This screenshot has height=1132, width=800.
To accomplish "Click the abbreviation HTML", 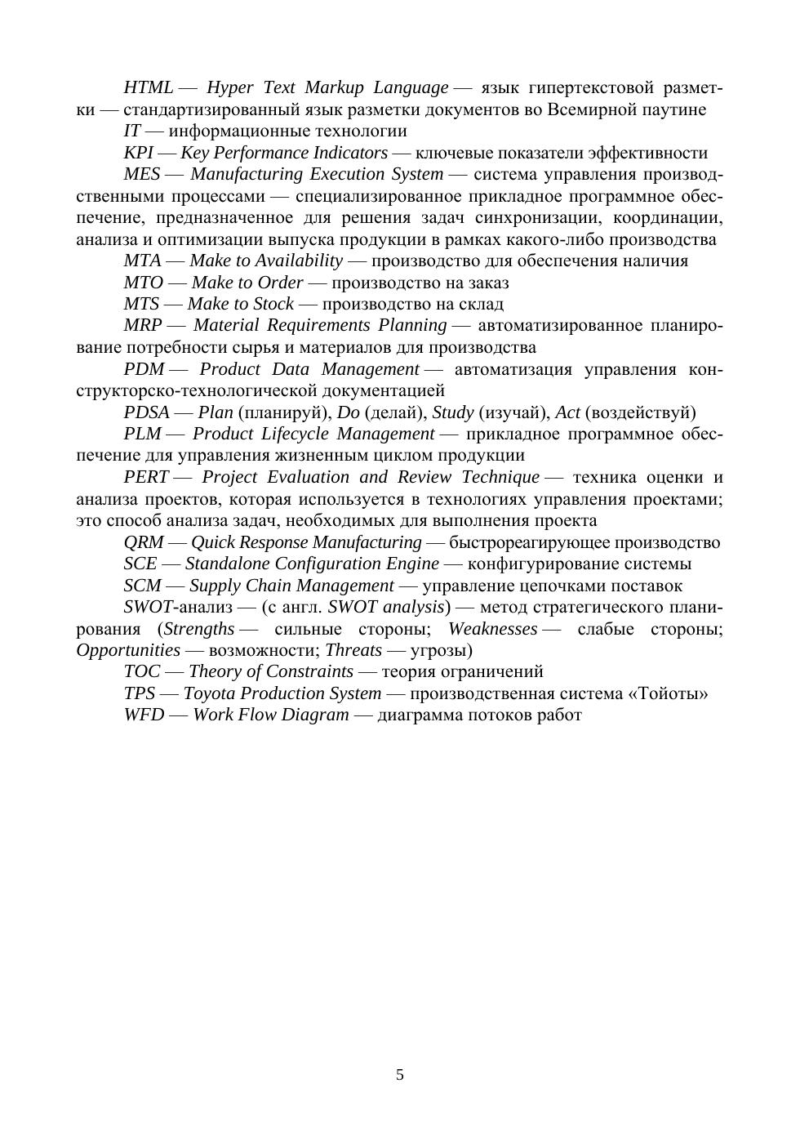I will click(148, 87).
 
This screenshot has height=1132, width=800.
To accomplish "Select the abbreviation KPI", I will click(138, 153).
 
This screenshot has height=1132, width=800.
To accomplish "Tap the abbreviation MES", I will click(142, 174).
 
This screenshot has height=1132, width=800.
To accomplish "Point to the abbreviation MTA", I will click(142, 261).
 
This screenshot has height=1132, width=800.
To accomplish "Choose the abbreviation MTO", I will click(144, 283).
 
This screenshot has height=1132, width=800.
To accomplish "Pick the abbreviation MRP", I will click(143, 325).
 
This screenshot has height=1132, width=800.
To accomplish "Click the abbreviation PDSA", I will click(146, 412).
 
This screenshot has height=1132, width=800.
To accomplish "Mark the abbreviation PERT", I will click(146, 477).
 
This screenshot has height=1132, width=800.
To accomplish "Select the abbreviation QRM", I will click(144, 542).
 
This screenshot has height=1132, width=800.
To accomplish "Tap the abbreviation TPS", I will click(139, 693).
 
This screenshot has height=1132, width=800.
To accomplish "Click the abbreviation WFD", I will click(144, 715).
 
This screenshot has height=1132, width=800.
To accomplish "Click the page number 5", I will click(400, 1075).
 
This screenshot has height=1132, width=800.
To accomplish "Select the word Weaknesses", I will click(492, 629).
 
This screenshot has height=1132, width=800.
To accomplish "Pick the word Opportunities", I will click(128, 650).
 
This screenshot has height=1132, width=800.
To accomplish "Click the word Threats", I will click(353, 650).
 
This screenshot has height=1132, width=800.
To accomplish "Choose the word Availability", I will click(299, 261).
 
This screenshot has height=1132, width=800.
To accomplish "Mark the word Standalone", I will click(226, 564).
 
